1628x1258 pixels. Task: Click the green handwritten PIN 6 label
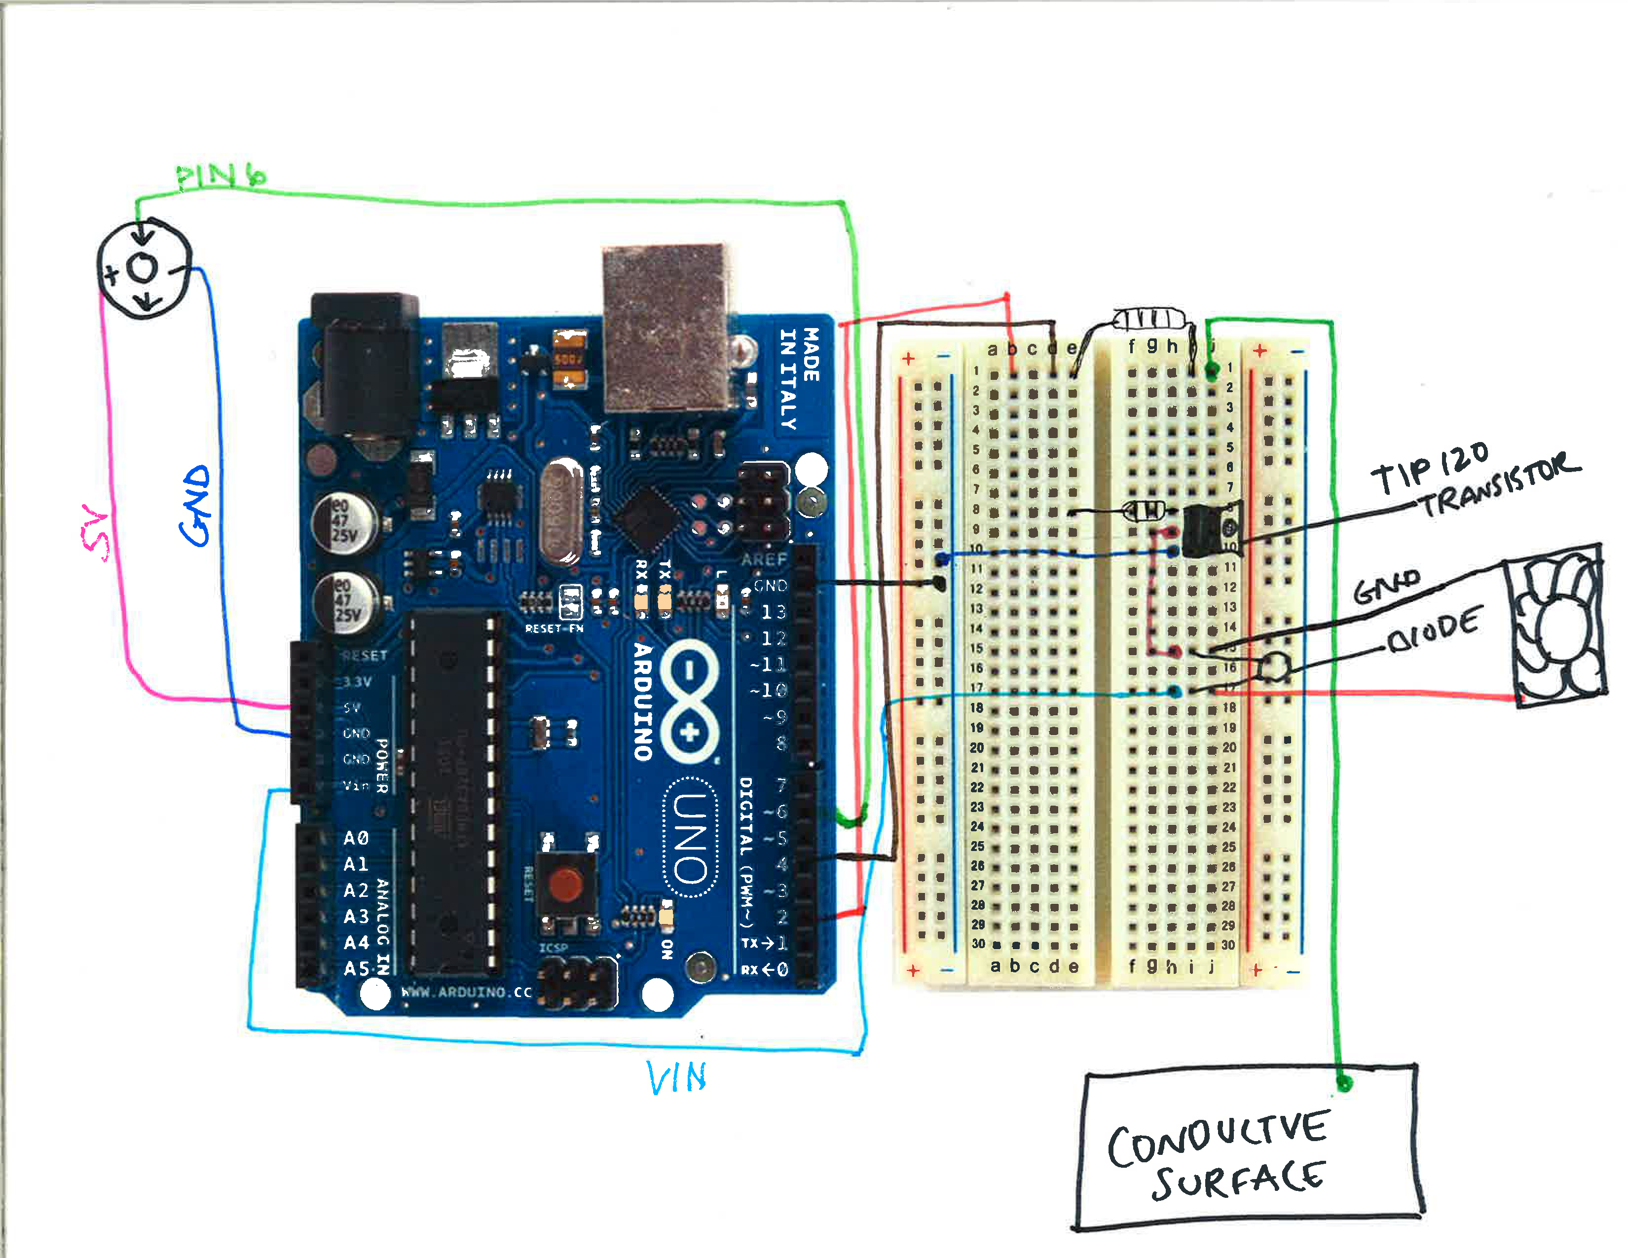[x=221, y=176]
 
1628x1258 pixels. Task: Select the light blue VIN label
[x=676, y=1077]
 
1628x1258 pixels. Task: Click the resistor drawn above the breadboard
[x=1148, y=320]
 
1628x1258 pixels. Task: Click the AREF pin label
[x=764, y=559]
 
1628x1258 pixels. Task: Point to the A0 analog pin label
[x=356, y=838]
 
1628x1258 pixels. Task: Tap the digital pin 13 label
[x=773, y=612]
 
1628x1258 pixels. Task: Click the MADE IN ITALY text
[x=799, y=378]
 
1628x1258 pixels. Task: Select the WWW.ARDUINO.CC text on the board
[x=467, y=992]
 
